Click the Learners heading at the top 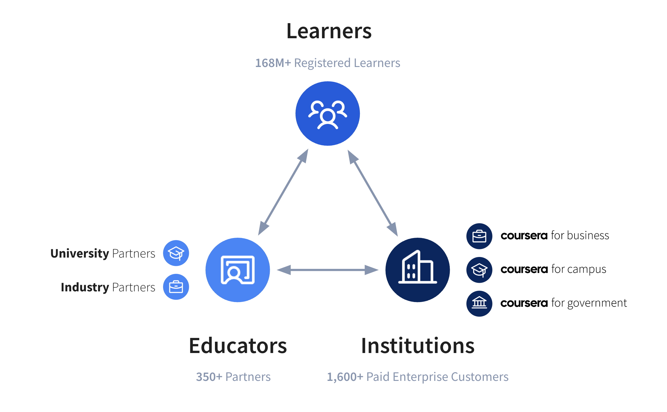pyautogui.click(x=329, y=31)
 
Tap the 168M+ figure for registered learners pyautogui.click(x=273, y=63)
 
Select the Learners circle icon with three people pyautogui.click(x=328, y=114)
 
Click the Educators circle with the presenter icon pyautogui.click(x=238, y=270)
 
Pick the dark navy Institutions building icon pyautogui.click(x=417, y=270)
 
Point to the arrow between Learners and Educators pyautogui.click(x=283, y=192)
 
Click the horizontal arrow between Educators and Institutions pyautogui.click(x=328, y=270)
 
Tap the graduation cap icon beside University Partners pyautogui.click(x=176, y=253)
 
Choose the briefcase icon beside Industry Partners pyautogui.click(x=176, y=287)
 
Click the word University pyautogui.click(x=80, y=254)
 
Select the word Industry pyautogui.click(x=85, y=287)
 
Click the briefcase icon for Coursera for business pyautogui.click(x=479, y=236)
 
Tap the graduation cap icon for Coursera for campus pyautogui.click(x=479, y=270)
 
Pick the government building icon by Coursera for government pyautogui.click(x=479, y=304)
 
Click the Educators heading pyautogui.click(x=238, y=346)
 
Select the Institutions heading pyautogui.click(x=418, y=346)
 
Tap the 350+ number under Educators pyautogui.click(x=209, y=377)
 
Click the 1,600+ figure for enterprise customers pyautogui.click(x=345, y=377)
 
